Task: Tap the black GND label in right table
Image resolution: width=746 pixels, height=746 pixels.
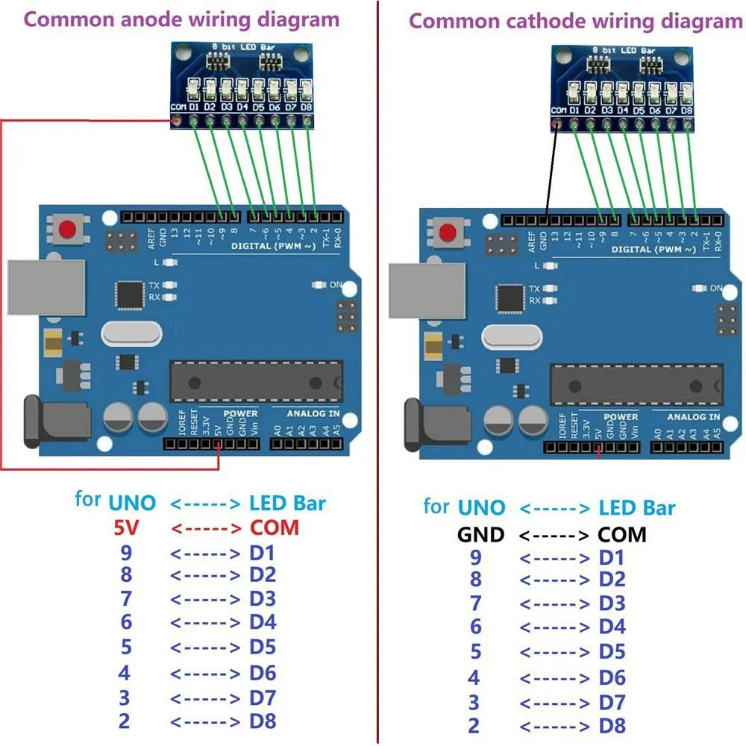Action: tap(480, 534)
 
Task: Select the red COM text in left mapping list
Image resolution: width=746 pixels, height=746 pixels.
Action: tap(274, 528)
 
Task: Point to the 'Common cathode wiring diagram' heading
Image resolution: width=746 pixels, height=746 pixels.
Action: tap(575, 20)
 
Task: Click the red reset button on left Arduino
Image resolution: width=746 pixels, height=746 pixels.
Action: tap(69, 228)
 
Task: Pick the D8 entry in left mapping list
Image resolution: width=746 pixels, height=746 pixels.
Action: tap(263, 721)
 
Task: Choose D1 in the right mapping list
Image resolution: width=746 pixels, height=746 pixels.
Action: tap(612, 558)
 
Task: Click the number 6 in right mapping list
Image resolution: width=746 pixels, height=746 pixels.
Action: tap(475, 627)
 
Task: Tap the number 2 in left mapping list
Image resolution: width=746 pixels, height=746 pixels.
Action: tap(125, 721)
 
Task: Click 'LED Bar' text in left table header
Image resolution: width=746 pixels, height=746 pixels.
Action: tap(287, 504)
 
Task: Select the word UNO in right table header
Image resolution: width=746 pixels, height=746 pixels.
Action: tap(481, 509)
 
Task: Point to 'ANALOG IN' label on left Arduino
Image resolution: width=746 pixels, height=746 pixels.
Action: tap(313, 413)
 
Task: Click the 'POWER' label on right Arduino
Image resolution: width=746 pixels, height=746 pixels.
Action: tap(621, 417)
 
